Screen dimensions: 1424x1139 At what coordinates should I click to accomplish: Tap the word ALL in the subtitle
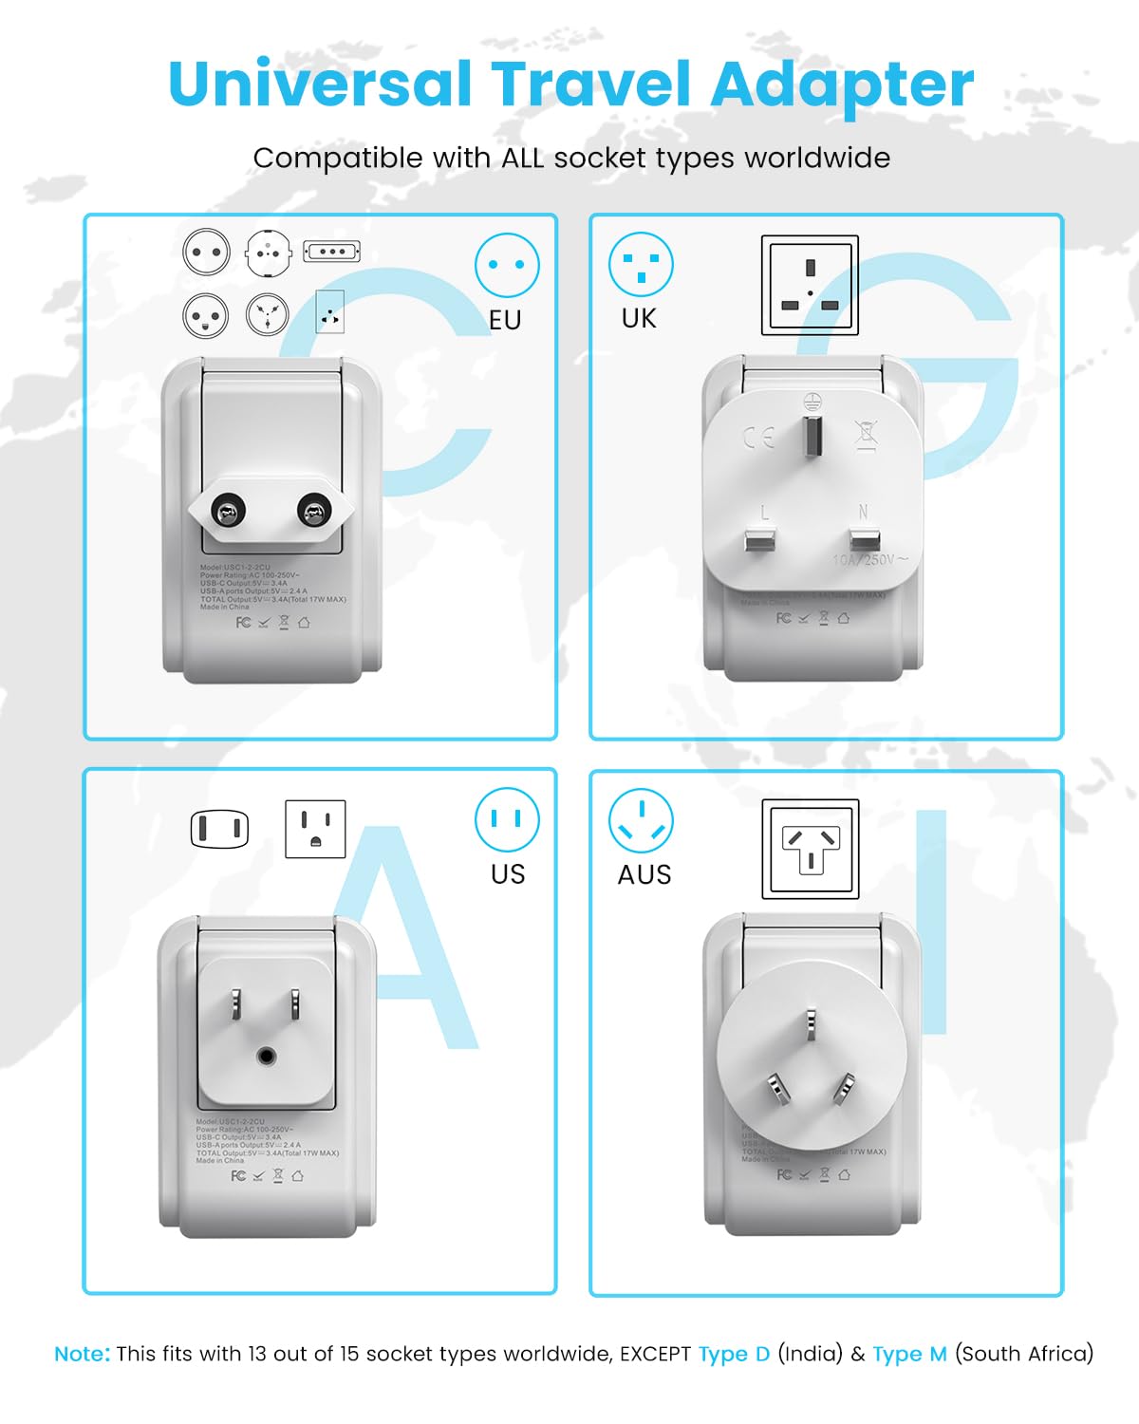523,159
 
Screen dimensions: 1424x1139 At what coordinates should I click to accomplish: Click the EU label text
505,321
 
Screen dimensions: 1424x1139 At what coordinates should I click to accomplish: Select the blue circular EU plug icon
507,265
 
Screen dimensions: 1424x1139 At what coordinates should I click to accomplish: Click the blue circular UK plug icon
641,264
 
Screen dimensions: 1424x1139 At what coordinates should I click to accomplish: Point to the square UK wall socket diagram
810,285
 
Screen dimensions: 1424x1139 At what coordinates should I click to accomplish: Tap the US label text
508,874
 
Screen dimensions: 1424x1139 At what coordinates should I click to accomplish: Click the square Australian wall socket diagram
810,849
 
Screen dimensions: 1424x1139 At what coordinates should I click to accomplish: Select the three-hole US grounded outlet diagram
315,829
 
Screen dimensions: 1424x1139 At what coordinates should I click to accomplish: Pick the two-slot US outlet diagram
219,829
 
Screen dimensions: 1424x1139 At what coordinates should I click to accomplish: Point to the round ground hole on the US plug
266,1055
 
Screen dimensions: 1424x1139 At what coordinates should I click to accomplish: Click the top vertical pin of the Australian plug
811,1025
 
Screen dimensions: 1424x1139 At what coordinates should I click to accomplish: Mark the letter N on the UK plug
863,512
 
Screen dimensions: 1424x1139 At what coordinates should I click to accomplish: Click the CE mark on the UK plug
758,438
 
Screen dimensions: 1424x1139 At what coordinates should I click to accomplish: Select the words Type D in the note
734,1354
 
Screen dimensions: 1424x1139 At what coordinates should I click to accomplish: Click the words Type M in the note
909,1354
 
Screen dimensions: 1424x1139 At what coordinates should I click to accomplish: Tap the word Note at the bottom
82,1354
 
